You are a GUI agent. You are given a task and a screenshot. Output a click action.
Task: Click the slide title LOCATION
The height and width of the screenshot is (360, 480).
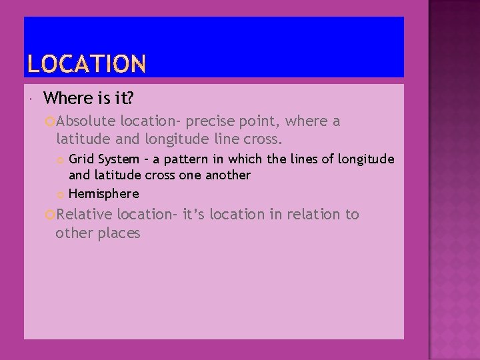click(87, 63)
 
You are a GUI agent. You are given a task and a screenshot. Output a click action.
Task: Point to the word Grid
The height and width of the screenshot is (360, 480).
click(81, 159)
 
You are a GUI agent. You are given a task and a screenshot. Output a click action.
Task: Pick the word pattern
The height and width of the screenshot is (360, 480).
click(194, 159)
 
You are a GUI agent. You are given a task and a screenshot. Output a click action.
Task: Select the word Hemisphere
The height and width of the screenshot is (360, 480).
click(104, 194)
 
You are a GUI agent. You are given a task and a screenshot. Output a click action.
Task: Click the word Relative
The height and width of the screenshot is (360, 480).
click(85, 215)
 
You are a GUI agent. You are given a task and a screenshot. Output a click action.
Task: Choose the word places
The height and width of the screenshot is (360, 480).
click(117, 233)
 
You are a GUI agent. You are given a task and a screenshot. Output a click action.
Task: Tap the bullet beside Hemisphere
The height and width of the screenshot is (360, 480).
click(61, 195)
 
